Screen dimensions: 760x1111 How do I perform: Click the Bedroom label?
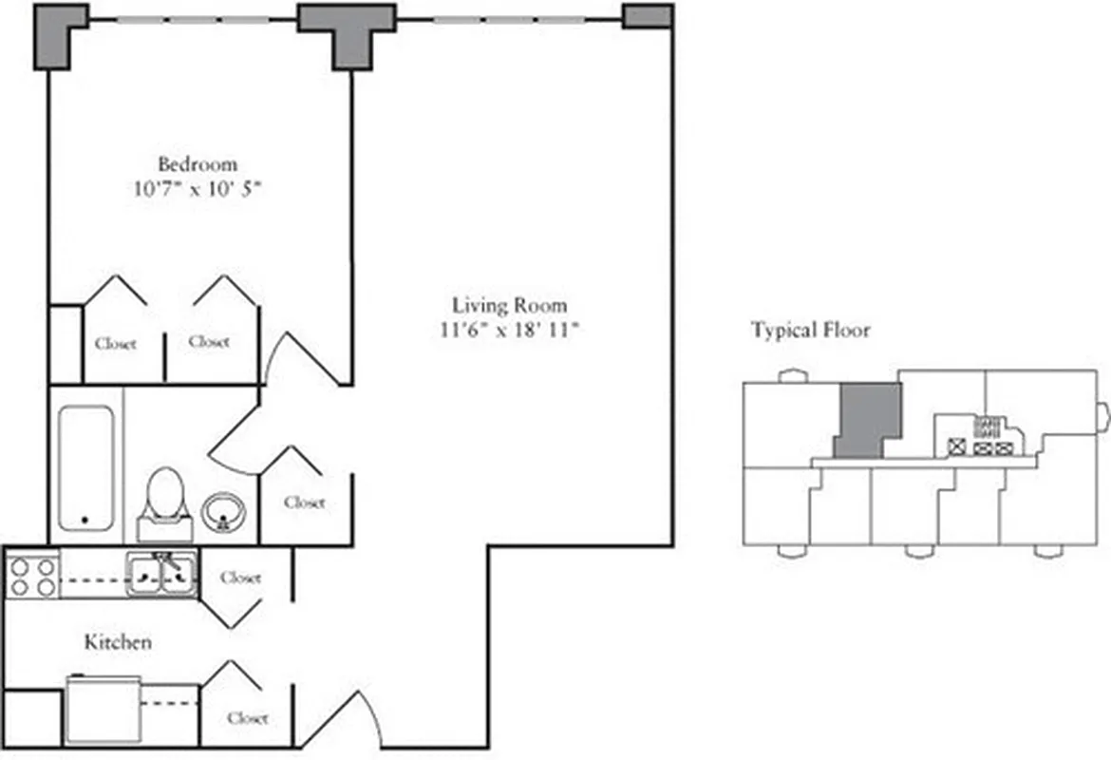(198, 163)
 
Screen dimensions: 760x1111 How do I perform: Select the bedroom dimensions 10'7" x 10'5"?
(198, 188)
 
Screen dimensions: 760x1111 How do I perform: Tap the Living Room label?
(509, 305)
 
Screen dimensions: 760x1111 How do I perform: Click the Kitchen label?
(118, 642)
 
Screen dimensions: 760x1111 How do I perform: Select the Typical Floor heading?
(811, 331)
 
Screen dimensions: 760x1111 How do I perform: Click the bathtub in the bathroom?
(86, 467)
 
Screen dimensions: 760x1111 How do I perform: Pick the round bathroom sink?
(224, 511)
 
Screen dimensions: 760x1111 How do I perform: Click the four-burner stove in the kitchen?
(31, 577)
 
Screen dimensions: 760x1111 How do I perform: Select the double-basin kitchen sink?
(162, 574)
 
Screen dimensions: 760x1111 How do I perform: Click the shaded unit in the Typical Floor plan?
(868, 418)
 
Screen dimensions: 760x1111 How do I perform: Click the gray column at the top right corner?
(648, 16)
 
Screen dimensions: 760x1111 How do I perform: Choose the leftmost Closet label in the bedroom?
(115, 343)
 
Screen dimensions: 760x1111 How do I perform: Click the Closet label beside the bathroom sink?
(304, 502)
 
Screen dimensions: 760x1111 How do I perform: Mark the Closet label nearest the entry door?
(247, 718)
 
